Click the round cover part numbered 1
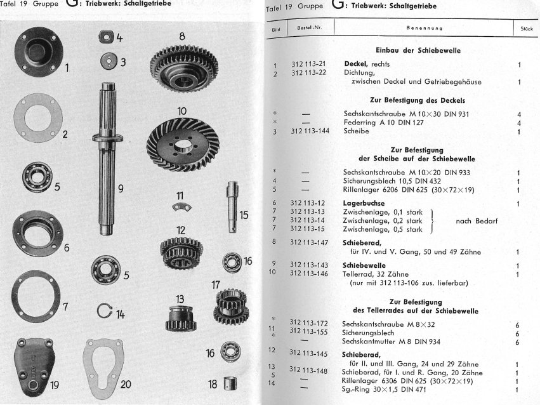(39, 51)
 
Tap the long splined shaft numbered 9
(107, 159)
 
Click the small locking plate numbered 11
(181, 207)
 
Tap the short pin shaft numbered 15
(232, 207)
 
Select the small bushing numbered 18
(230, 383)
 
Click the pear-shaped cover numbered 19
(34, 367)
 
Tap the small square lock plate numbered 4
(107, 37)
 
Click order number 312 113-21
(308, 63)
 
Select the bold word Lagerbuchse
(364, 203)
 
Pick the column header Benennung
(425, 28)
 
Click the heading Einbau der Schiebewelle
(418, 50)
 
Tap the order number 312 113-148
(308, 371)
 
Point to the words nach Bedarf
(477, 221)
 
